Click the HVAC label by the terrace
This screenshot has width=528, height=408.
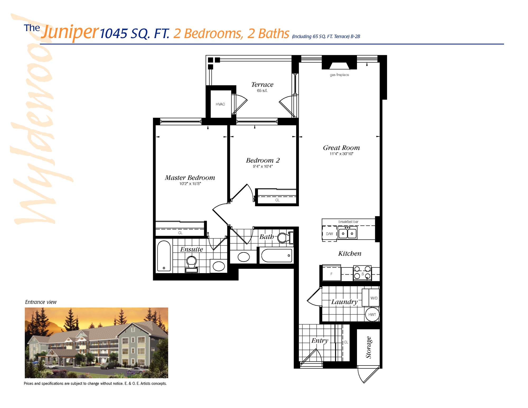(220, 104)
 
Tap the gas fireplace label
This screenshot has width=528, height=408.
(339, 75)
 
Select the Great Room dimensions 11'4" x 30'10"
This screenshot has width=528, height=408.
(341, 154)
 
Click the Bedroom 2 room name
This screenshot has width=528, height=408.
(263, 160)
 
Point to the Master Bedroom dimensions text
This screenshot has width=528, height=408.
(190, 184)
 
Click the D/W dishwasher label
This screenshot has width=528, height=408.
(329, 234)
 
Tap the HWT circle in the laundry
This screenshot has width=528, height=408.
(372, 315)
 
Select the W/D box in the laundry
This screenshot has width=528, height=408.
(374, 298)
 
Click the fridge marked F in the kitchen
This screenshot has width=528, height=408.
(331, 274)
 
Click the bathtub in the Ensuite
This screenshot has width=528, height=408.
(164, 256)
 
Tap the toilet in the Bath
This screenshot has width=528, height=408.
(285, 237)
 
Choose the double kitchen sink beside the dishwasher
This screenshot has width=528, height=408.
(347, 233)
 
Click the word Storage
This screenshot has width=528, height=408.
(369, 347)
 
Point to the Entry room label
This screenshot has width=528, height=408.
(320, 341)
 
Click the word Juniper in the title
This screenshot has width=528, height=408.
(70, 32)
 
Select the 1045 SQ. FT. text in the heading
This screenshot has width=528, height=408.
(135, 34)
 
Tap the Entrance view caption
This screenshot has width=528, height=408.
(41, 302)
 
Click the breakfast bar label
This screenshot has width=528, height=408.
(348, 222)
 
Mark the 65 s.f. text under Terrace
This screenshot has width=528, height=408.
(262, 91)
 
